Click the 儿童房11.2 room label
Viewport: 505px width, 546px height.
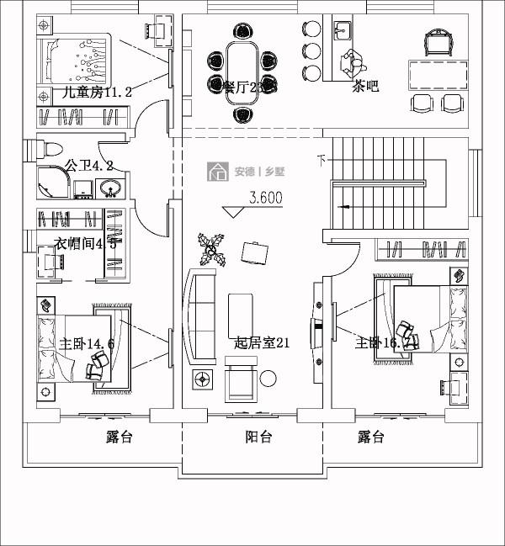coord(97,93)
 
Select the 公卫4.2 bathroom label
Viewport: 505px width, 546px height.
coord(89,166)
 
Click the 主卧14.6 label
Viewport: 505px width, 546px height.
coord(86,343)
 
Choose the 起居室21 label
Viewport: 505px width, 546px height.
coord(262,343)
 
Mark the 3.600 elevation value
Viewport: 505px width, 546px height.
coord(266,199)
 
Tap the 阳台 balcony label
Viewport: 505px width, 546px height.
coord(258,437)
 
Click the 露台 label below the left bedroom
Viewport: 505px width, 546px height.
coord(119,437)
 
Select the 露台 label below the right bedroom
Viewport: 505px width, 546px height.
coord(370,437)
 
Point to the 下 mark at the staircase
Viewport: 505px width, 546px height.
coord(321,158)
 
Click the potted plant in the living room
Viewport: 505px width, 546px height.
coord(210,249)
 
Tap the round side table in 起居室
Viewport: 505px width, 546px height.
coord(268,378)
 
